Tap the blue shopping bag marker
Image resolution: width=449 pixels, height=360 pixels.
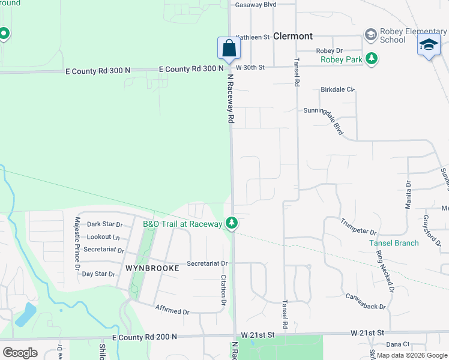[x=229, y=49]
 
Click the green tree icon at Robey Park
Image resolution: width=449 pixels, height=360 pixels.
[x=373, y=58]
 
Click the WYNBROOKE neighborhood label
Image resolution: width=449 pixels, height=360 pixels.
[x=152, y=268]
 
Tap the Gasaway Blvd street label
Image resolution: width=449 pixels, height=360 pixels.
[x=256, y=4]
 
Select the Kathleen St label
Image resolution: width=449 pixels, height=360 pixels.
[x=253, y=37]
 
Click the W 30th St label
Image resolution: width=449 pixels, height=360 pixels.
[x=250, y=67]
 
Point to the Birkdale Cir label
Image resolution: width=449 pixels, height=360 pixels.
[x=338, y=89]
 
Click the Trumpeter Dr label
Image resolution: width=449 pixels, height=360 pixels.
[x=358, y=227]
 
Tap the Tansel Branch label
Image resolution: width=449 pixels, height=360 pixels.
[x=394, y=243]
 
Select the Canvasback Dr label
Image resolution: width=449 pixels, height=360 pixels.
[x=366, y=301]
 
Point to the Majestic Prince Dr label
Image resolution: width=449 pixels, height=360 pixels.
[x=77, y=244]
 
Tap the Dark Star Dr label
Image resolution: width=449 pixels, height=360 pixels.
[x=105, y=224]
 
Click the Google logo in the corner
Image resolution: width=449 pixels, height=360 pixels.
[x=20, y=353]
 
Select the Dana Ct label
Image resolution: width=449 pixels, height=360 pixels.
[x=397, y=344]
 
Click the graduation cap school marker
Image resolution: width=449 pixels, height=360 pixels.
[x=429, y=46]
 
